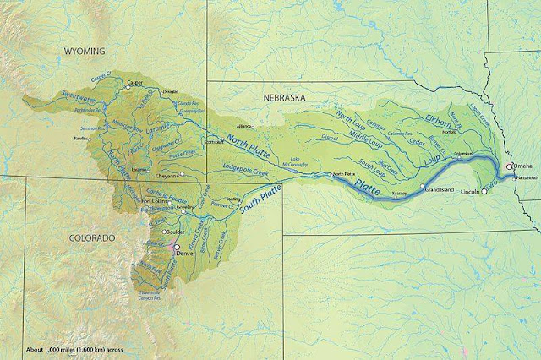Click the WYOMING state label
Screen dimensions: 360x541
click(x=90, y=52)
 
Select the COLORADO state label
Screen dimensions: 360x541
click(x=91, y=238)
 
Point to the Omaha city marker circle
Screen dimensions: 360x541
click(x=509, y=167)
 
